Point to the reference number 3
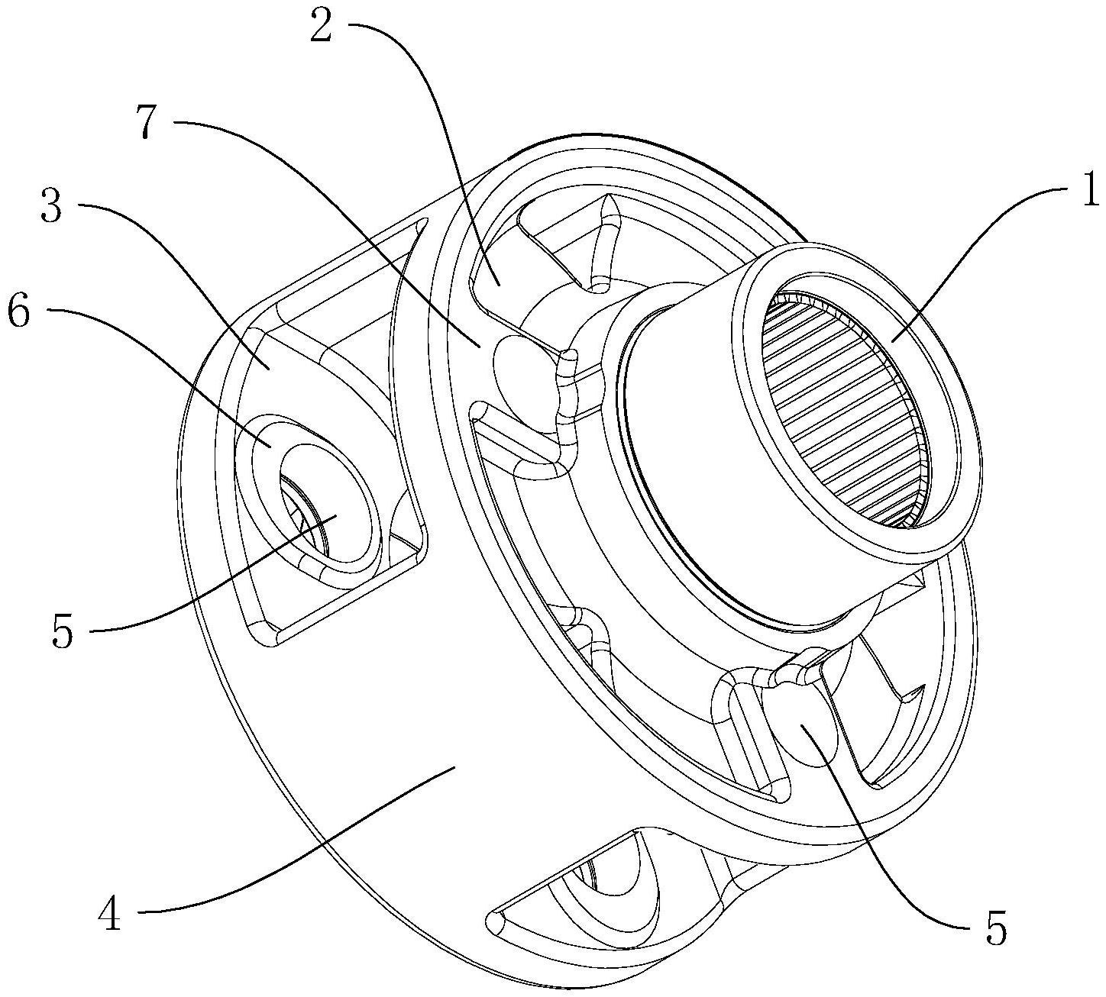click(x=52, y=203)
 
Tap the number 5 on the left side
click(x=62, y=632)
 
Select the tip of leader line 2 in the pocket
click(x=499, y=285)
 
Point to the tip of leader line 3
click(x=269, y=368)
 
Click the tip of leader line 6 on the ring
click(x=270, y=447)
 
